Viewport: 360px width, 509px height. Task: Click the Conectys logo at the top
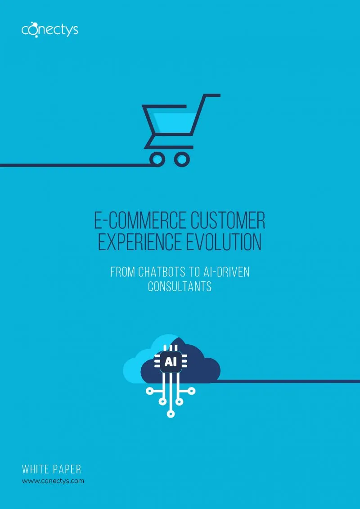pyautogui.click(x=49, y=30)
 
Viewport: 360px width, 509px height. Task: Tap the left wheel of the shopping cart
pyautogui.click(x=157, y=159)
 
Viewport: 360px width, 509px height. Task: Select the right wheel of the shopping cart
pyautogui.click(x=182, y=159)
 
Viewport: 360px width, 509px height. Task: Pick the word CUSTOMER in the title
pyautogui.click(x=228, y=220)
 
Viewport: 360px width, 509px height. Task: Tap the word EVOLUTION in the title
pyautogui.click(x=224, y=242)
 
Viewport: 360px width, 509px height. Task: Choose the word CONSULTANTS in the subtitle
pyautogui.click(x=180, y=286)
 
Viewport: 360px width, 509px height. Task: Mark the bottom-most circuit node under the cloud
pyautogui.click(x=171, y=414)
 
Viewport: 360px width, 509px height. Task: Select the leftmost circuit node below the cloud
pyautogui.click(x=150, y=391)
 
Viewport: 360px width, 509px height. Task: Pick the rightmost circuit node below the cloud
pyautogui.click(x=192, y=391)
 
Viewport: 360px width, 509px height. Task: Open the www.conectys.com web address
pyautogui.click(x=53, y=481)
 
